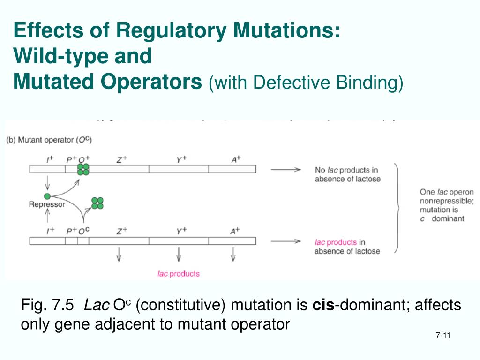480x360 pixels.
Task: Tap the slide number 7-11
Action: click(442, 336)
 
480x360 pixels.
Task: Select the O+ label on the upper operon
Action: click(84, 159)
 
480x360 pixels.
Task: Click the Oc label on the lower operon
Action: click(84, 231)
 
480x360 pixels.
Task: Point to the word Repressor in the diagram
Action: click(47, 204)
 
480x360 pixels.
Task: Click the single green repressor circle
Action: click(47, 196)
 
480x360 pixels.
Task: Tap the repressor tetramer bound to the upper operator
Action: click(83, 169)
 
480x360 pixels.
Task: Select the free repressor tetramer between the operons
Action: click(97, 203)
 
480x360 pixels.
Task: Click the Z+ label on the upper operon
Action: click(122, 159)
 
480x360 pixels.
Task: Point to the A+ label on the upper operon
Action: click(236, 159)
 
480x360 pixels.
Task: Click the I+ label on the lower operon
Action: click(50, 231)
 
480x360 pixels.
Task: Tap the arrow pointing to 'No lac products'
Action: click(285, 170)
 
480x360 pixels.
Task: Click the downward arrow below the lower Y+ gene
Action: click(179, 255)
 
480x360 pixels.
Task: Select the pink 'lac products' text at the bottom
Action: click(178, 274)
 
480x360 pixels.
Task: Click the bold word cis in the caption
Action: click(323, 306)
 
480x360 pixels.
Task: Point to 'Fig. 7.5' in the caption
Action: click(47, 306)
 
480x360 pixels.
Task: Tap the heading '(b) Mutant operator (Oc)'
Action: click(56, 140)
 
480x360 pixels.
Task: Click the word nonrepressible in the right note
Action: click(446, 201)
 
